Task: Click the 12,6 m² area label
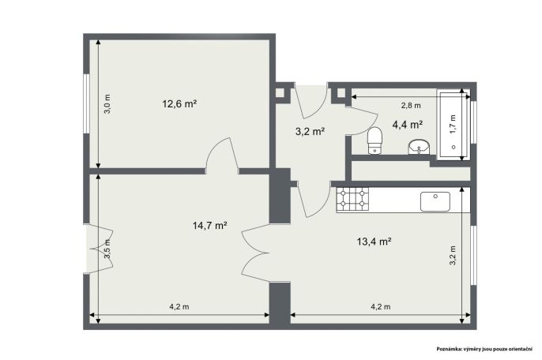179,103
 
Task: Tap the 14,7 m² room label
209,226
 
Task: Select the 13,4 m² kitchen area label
374,241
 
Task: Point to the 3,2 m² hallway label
310,131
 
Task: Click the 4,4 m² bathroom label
408,125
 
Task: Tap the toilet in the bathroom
375,141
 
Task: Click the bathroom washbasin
419,147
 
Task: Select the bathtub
454,125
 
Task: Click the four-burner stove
353,199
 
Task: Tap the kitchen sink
435,201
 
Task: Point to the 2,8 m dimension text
411,106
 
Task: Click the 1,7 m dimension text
454,124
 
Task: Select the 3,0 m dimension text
107,104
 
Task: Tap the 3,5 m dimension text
107,249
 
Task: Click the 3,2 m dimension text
453,255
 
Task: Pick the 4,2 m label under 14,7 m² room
179,306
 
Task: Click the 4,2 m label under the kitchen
381,306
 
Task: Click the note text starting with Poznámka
484,349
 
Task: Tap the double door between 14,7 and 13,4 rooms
256,253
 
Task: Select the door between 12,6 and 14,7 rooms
221,155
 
